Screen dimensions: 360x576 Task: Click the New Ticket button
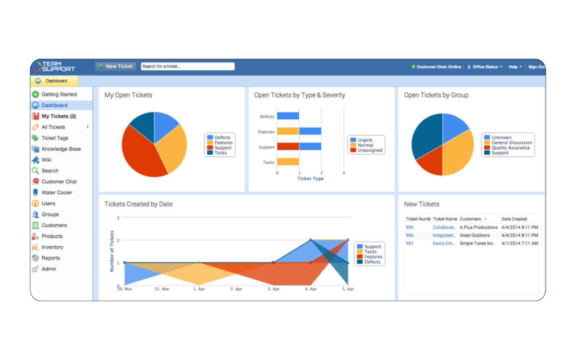coord(115,66)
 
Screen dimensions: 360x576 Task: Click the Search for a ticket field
coord(187,66)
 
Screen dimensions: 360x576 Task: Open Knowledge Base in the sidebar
coord(61,149)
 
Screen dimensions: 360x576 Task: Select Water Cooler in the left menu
coord(57,192)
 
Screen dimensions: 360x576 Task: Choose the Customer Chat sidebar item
coord(59,182)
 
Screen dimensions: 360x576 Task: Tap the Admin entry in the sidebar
coord(49,269)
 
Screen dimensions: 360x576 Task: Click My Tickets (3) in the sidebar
coord(58,116)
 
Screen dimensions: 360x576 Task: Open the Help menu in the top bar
coord(515,67)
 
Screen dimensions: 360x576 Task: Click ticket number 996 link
coord(409,236)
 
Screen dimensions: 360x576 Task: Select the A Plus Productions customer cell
coord(479,227)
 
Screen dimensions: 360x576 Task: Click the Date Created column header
coord(514,219)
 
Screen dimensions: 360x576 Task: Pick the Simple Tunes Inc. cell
coord(477,244)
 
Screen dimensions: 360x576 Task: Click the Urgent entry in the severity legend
coord(365,140)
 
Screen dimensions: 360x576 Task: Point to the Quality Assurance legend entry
coord(511,148)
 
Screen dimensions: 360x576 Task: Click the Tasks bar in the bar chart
coord(288,162)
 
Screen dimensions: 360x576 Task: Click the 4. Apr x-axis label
coord(310,289)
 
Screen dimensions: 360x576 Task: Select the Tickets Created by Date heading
coord(138,204)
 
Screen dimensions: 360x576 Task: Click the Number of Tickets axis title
coord(112,251)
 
